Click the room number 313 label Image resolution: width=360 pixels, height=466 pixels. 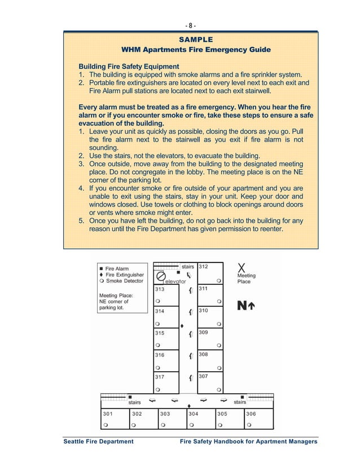click(x=160, y=289)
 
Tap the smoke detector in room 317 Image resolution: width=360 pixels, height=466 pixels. click(x=158, y=389)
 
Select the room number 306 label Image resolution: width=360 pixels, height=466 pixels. click(x=251, y=414)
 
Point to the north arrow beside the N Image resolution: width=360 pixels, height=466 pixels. click(x=252, y=306)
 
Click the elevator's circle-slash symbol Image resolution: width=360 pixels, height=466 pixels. click(x=160, y=276)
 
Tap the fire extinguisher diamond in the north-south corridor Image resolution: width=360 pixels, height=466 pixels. click(x=182, y=326)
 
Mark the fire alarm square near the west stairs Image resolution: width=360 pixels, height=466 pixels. click(x=130, y=397)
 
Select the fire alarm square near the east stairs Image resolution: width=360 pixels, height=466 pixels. click(x=243, y=397)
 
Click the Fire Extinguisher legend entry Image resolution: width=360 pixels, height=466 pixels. click(x=121, y=275)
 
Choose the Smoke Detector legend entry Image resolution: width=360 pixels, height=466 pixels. click(x=121, y=280)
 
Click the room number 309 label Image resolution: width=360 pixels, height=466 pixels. click(x=203, y=333)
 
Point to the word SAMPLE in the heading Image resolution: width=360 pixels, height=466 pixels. click(x=196, y=39)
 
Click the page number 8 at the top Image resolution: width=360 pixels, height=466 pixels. click(x=191, y=25)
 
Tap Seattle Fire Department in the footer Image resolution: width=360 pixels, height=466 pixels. click(x=98, y=442)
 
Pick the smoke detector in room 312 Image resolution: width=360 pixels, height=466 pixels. click(x=218, y=280)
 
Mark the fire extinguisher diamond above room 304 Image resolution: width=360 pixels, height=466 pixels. click(x=189, y=406)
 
